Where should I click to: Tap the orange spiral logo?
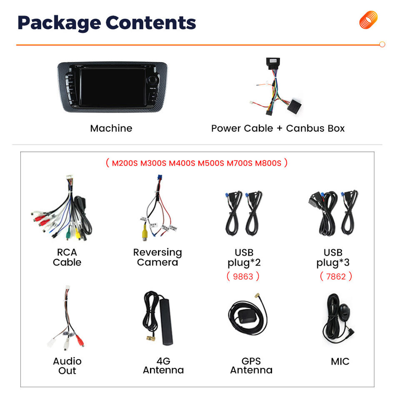click(368, 20)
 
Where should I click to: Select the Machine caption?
click(111, 128)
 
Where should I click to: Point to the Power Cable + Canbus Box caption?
click(278, 128)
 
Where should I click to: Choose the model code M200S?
click(125, 163)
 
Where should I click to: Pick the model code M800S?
click(268, 163)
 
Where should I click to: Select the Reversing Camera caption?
click(157, 257)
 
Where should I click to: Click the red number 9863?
click(243, 276)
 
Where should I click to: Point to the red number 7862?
click(336, 276)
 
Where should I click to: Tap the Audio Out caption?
click(67, 366)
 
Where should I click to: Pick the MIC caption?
click(340, 362)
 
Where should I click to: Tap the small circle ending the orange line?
click(382, 45)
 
